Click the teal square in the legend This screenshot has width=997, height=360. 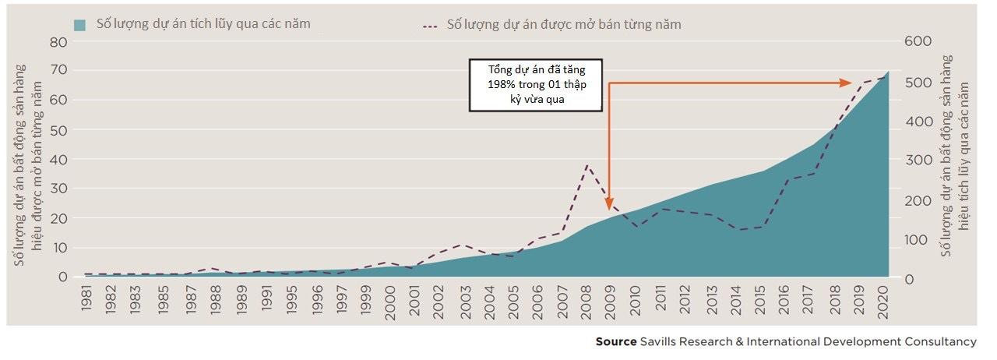79,25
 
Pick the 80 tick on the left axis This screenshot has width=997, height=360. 59,42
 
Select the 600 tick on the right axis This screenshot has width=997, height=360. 918,42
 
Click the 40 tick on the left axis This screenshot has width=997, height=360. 59,160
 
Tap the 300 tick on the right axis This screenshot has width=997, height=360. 918,161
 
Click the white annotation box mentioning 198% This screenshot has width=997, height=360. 537,84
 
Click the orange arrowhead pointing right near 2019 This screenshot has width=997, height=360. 845,83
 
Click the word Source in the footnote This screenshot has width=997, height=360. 616,341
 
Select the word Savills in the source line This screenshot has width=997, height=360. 659,341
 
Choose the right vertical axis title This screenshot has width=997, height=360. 954,156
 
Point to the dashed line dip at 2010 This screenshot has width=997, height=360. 637,227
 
